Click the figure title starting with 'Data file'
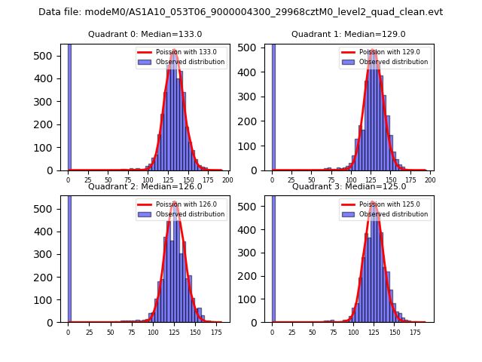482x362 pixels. tap(240, 12)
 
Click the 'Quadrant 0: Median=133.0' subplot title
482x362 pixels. tap(145, 34)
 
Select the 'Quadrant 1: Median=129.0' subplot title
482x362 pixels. tap(348, 34)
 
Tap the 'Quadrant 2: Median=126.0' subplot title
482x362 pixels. tap(145, 186)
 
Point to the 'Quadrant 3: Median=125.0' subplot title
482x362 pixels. tap(348, 186)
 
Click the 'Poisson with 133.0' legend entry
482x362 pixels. tap(185, 52)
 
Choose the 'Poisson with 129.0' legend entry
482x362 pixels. tap(389, 52)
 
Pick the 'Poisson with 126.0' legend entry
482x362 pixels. tap(185, 204)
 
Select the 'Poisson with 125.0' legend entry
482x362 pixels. tap(389, 204)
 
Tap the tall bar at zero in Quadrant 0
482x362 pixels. tap(69, 106)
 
